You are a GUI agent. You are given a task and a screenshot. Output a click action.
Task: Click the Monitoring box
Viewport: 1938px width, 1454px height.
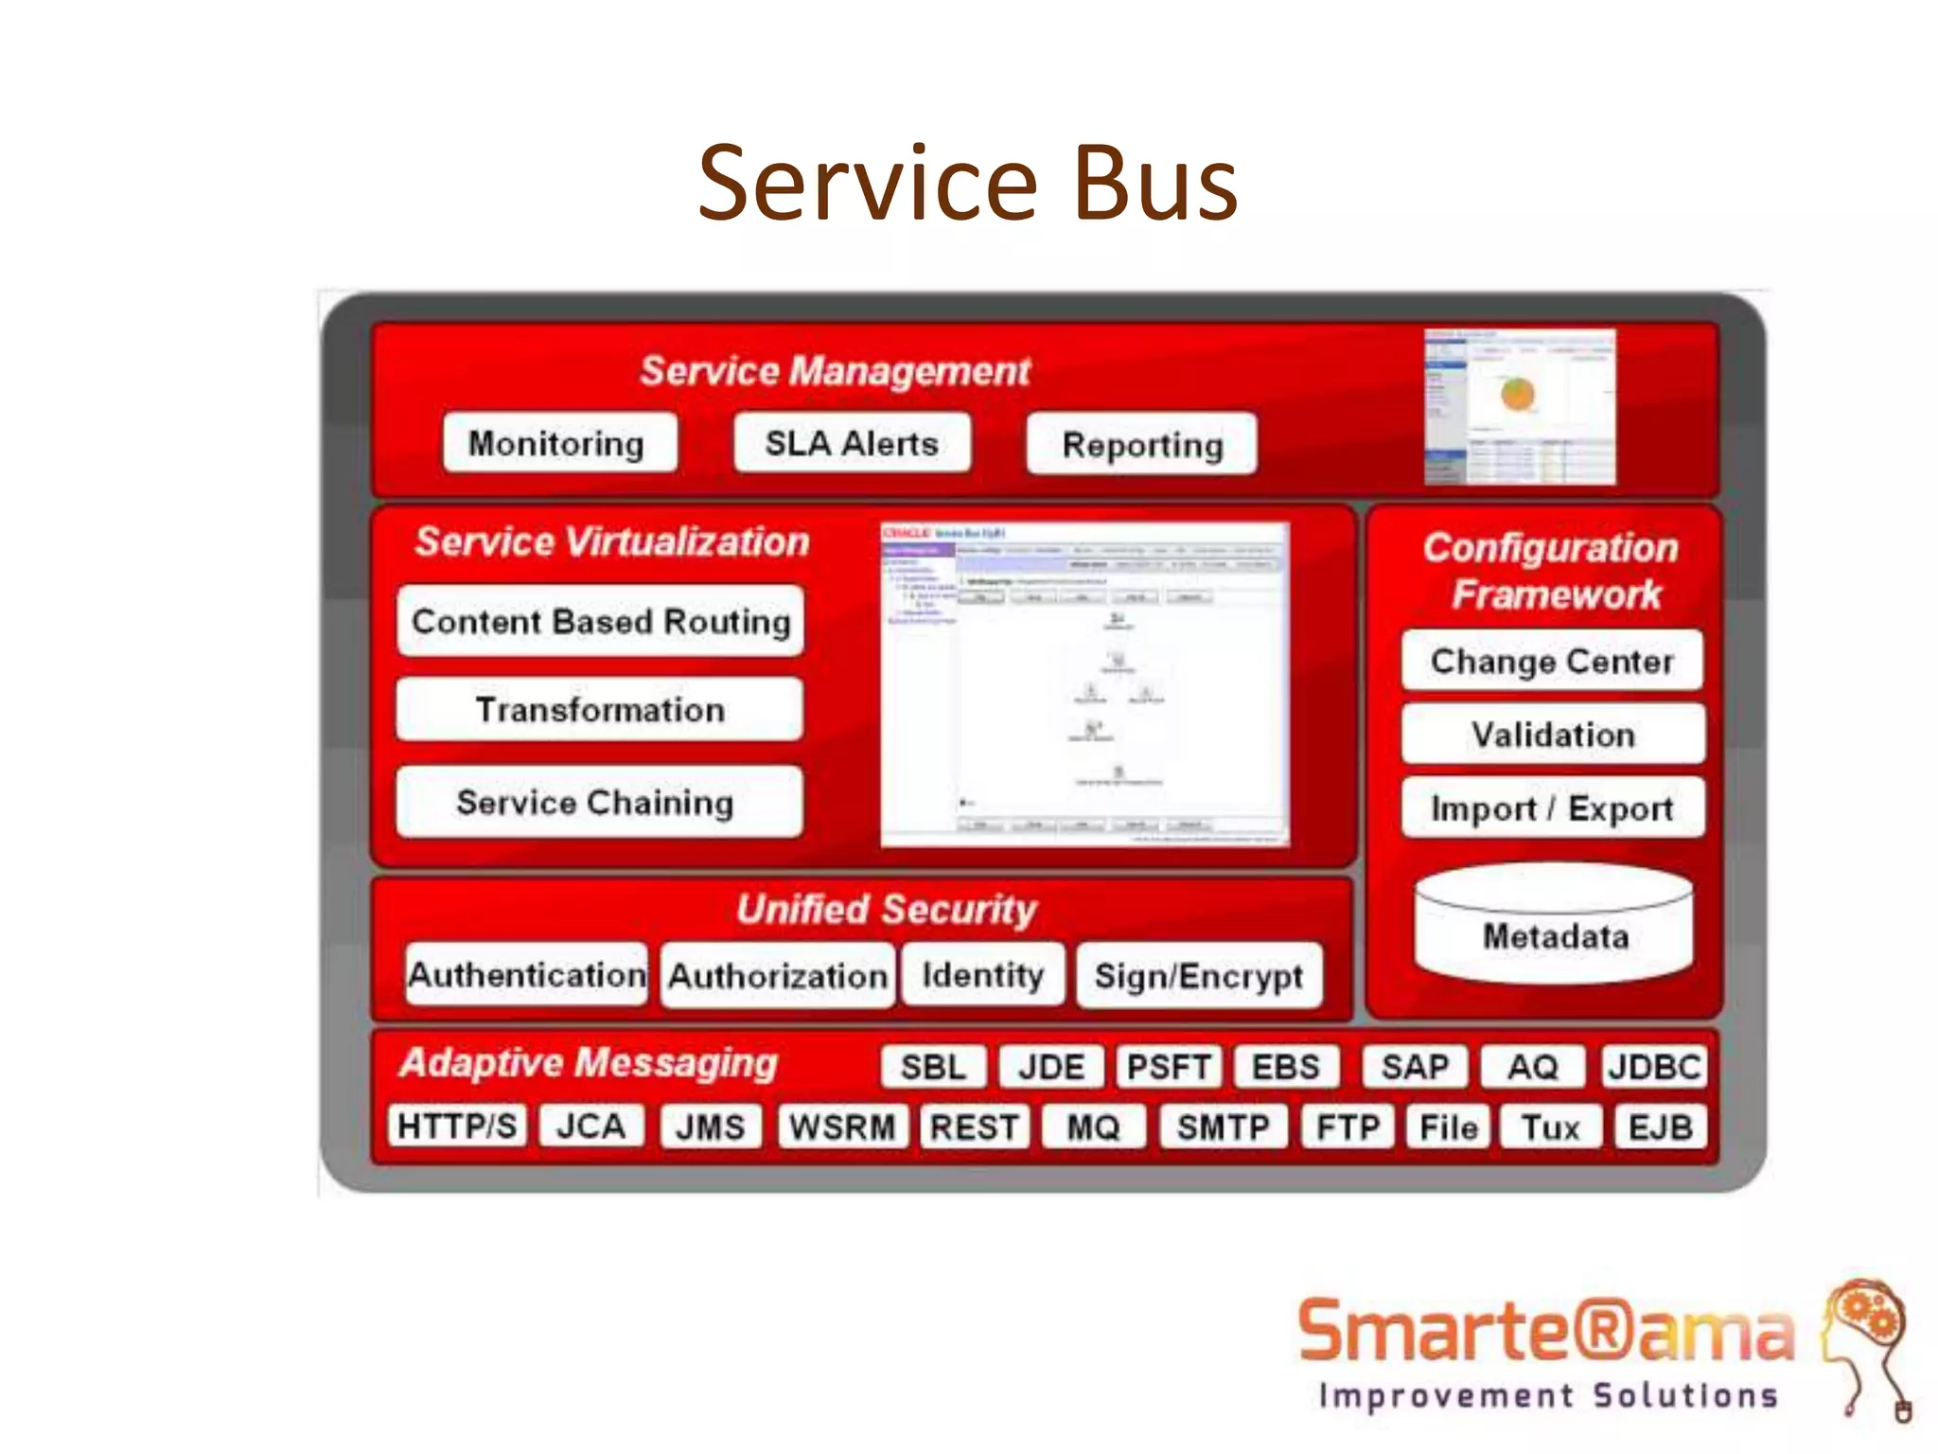559,443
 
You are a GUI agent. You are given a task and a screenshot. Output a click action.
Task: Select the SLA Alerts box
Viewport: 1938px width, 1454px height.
852,443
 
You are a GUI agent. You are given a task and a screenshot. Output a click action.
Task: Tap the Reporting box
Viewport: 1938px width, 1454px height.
1142,444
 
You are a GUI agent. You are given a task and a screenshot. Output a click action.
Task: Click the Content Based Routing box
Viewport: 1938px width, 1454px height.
601,621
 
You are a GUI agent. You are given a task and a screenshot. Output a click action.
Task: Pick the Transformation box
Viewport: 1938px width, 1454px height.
600,710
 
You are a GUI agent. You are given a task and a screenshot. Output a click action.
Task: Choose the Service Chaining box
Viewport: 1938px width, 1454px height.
596,803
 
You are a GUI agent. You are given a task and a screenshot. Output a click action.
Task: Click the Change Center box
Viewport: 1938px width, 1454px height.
1552,661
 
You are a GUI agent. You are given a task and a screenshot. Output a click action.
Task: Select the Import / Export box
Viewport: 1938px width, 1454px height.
1552,808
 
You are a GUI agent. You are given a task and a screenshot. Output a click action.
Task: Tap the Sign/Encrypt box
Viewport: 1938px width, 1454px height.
1199,975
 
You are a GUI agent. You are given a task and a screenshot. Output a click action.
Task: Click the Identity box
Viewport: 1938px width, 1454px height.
983,974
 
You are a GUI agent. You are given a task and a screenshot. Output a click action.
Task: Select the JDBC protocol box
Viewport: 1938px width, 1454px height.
1654,1067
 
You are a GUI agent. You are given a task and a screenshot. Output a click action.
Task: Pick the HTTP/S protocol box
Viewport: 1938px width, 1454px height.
458,1126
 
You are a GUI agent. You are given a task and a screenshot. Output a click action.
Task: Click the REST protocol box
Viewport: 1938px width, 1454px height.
975,1126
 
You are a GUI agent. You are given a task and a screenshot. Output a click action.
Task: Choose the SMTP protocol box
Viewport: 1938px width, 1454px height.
1224,1126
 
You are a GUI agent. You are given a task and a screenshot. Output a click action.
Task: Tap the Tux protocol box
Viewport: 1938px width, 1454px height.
1550,1126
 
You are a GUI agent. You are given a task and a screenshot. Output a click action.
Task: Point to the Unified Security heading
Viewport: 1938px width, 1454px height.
887,909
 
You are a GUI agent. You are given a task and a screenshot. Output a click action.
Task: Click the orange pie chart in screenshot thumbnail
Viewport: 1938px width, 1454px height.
1517,393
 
